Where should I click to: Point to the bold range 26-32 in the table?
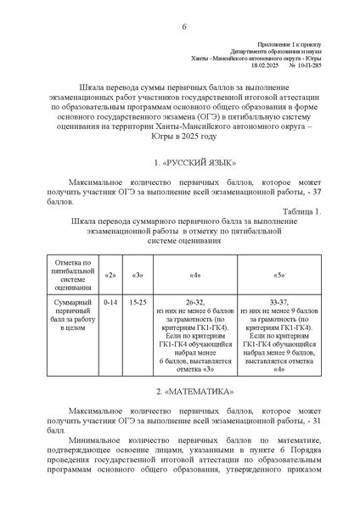tap(195, 302)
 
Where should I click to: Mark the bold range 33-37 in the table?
tap(280, 302)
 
